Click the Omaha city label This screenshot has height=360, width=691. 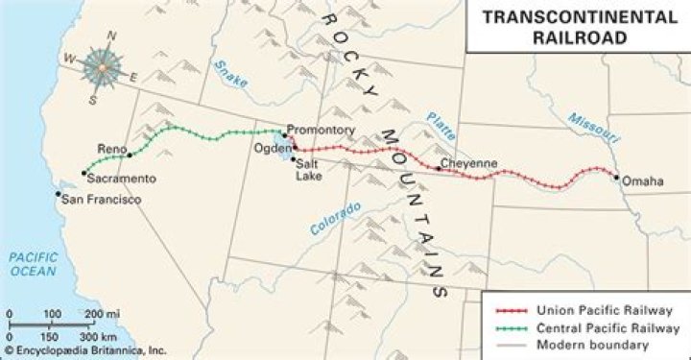pyautogui.click(x=642, y=180)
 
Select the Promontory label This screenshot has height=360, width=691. pyautogui.click(x=322, y=130)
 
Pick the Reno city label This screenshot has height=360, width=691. pyautogui.click(x=112, y=148)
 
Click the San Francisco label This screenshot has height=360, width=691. pyautogui.click(x=101, y=200)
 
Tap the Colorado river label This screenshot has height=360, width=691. pyautogui.click(x=335, y=219)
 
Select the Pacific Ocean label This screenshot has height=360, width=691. pyautogui.click(x=32, y=264)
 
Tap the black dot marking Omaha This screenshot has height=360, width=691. pyautogui.click(x=615, y=175)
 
